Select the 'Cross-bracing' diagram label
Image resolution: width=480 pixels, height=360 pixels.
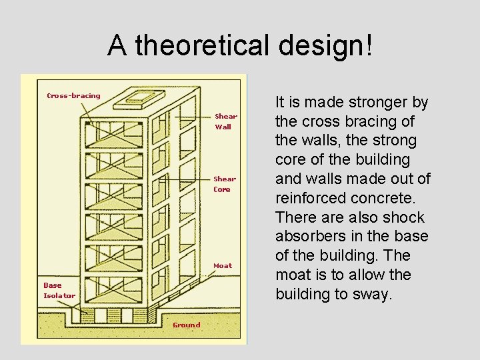click(73, 95)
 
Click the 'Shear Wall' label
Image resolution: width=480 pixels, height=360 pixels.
click(225, 121)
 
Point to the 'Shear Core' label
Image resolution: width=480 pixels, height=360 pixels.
click(224, 184)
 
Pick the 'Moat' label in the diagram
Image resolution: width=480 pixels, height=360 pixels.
click(223, 265)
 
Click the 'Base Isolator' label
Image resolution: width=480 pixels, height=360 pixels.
click(59, 290)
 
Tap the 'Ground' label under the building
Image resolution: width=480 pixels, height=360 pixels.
click(186, 325)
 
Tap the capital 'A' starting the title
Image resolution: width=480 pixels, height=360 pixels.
click(117, 45)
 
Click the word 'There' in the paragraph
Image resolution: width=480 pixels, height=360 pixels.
click(296, 217)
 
